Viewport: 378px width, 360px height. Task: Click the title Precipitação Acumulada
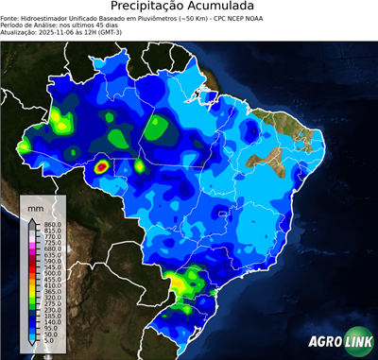coord(189,9)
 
